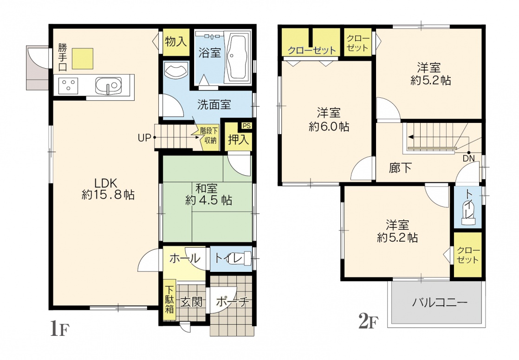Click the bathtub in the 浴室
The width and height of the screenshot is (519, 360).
pyautogui.click(x=238, y=57)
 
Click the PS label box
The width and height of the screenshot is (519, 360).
pyautogui.click(x=247, y=126)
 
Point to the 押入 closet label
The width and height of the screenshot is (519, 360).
pyautogui.click(x=238, y=140)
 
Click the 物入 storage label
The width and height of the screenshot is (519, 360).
pyautogui.click(x=176, y=42)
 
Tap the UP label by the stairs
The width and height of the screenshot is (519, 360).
pyautogui.click(x=144, y=138)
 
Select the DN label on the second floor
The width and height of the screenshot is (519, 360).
pyautogui.click(x=469, y=159)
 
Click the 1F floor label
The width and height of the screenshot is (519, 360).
pyautogui.click(x=59, y=329)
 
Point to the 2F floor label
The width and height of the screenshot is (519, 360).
pyautogui.click(x=369, y=321)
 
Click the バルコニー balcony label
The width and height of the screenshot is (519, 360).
pyautogui.click(x=440, y=302)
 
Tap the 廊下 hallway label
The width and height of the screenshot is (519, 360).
pyautogui.click(x=400, y=168)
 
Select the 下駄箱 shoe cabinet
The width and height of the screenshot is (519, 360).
pyautogui.click(x=169, y=299)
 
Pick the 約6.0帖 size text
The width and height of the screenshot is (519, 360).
pyautogui.click(x=329, y=127)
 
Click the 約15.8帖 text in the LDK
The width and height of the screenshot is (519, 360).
pyautogui.click(x=108, y=195)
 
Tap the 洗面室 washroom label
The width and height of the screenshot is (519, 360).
pyautogui.click(x=214, y=104)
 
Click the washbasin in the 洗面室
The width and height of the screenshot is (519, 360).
pyautogui.click(x=176, y=71)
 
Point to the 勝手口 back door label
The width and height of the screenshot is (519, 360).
pyautogui.click(x=62, y=58)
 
